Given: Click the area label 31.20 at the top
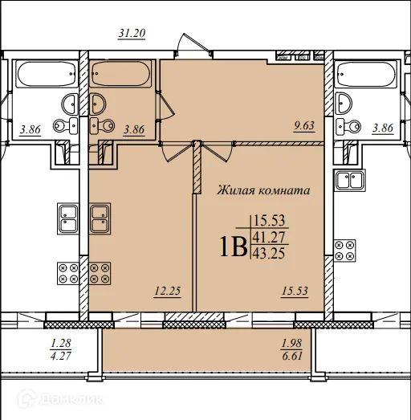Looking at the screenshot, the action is [x=132, y=34].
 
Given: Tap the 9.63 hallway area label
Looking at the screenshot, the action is [x=304, y=125].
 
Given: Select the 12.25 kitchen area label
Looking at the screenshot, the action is [x=168, y=291].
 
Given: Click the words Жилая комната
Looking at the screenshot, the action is [x=263, y=190].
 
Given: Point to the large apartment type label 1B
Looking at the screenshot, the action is [x=234, y=247].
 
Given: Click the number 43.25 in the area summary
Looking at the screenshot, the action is [x=269, y=253].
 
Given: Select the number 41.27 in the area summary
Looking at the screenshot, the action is [x=269, y=238].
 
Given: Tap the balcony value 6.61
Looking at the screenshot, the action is [x=292, y=357].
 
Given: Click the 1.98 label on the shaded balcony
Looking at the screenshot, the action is [x=292, y=343].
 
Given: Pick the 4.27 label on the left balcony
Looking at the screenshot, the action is [x=60, y=357].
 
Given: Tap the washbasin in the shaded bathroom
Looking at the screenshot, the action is [x=97, y=104].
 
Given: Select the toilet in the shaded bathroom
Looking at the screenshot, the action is [x=102, y=125].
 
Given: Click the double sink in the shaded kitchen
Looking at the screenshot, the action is [x=100, y=218].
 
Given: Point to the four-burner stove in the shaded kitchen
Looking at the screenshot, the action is [x=100, y=273].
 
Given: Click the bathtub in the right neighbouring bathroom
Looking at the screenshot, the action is [x=366, y=74].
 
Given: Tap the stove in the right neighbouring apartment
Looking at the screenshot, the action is [x=345, y=251].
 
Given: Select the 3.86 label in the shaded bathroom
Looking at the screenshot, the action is [x=134, y=129].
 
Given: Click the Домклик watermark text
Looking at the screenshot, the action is [x=71, y=400].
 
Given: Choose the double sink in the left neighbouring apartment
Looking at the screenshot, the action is [x=68, y=218].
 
